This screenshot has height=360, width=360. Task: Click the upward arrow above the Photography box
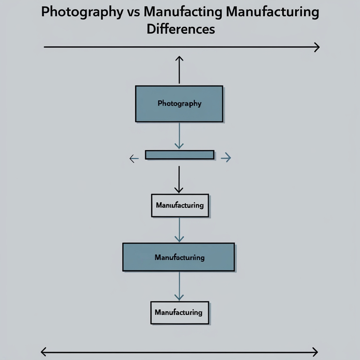click(x=179, y=70)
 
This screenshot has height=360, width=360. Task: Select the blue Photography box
click(x=179, y=104)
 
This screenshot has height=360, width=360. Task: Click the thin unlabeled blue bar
click(x=179, y=155)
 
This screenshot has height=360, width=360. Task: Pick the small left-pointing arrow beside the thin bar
click(x=134, y=159)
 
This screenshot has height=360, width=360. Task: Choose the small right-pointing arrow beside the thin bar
click(x=226, y=158)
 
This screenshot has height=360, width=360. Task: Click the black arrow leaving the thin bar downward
click(x=179, y=180)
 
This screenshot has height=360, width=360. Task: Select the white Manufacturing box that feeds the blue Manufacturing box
click(x=180, y=205)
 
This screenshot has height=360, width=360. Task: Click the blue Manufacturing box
click(x=179, y=257)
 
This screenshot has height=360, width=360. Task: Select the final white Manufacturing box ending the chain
click(x=179, y=312)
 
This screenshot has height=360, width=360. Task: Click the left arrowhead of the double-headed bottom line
click(x=44, y=352)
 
